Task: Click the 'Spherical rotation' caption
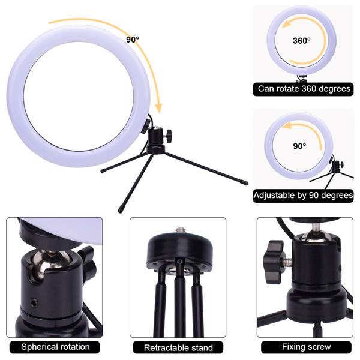[55, 347]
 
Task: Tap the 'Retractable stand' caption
[178, 347]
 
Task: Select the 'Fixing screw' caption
[306, 346]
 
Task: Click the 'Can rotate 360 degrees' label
[304, 89]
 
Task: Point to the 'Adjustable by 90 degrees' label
[303, 195]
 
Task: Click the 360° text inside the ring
[302, 41]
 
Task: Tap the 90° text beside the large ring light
[133, 40]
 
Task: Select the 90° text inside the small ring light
[299, 146]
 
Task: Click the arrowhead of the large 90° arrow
[158, 109]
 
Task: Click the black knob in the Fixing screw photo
[275, 262]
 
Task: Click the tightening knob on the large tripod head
[169, 133]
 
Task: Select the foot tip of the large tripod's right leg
[246, 183]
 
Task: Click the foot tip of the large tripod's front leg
[120, 210]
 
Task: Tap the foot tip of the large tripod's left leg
[103, 170]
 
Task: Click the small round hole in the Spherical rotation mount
[34, 303]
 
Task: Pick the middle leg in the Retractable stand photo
[181, 298]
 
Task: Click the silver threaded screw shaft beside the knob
[288, 261]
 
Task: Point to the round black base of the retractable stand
[180, 251]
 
